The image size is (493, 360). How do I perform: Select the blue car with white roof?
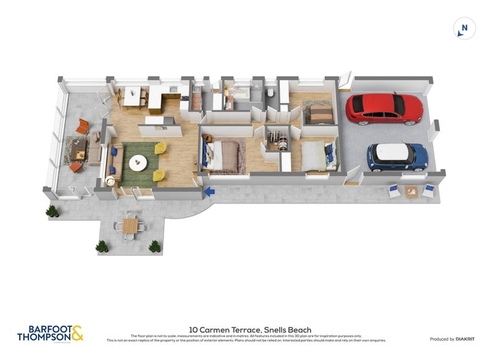pyautogui.click(x=397, y=157)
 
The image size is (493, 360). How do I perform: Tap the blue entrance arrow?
pyautogui.click(x=210, y=192)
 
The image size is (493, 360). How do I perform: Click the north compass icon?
pyautogui.click(x=465, y=28)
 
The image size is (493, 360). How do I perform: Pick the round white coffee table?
pyautogui.click(x=137, y=162)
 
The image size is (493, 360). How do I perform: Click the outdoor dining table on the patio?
pyautogui.click(x=130, y=226)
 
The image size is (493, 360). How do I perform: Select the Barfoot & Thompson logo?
pyautogui.click(x=50, y=333)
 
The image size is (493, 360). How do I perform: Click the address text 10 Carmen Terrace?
pyautogui.click(x=250, y=330)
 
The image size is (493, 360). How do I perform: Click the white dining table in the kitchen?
pyautogui.click(x=132, y=96)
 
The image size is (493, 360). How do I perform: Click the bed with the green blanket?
pyautogui.click(x=317, y=155)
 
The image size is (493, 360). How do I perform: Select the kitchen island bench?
pyautogui.click(x=159, y=126)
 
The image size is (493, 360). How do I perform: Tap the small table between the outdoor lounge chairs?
pyautogui.click(x=412, y=192)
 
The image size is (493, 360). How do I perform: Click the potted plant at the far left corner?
pyautogui.click(x=52, y=211)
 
